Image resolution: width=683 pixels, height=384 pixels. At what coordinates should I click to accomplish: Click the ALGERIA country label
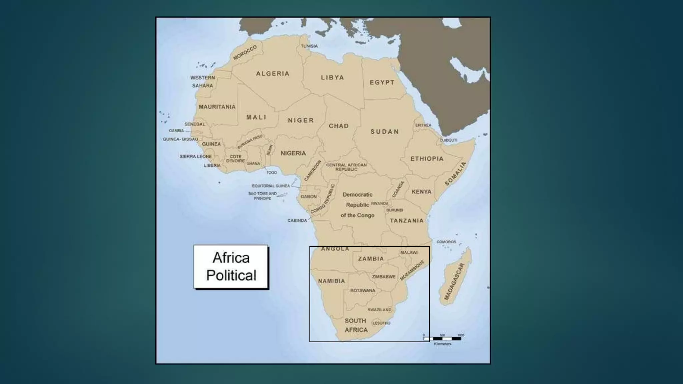pyautogui.click(x=272, y=74)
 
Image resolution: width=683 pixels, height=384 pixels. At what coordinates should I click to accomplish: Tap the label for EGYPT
pyautogui.click(x=382, y=82)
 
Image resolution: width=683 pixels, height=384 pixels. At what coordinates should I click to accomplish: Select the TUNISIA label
pyautogui.click(x=309, y=46)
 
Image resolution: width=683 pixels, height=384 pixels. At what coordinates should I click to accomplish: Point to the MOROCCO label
pyautogui.click(x=245, y=52)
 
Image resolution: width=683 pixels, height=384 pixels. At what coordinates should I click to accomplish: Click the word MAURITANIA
pyautogui.click(x=217, y=107)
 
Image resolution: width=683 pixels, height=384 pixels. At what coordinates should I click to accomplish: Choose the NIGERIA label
pyautogui.click(x=293, y=153)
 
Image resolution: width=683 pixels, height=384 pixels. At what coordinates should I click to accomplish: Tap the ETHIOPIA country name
pyautogui.click(x=427, y=159)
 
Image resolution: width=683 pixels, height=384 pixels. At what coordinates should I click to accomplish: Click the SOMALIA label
pyautogui.click(x=456, y=174)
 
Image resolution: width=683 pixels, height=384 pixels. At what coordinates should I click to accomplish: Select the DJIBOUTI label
pyautogui.click(x=449, y=140)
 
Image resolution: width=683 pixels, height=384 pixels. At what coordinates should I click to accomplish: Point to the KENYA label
pyautogui.click(x=421, y=192)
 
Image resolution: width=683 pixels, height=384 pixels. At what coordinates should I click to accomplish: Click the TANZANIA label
pyautogui.click(x=407, y=221)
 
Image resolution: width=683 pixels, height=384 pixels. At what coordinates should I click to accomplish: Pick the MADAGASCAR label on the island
pyautogui.click(x=454, y=282)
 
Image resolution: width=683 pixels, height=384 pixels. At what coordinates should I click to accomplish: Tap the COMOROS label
pyautogui.click(x=446, y=242)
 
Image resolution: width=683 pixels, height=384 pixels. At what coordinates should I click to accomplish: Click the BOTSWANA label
pyautogui.click(x=363, y=291)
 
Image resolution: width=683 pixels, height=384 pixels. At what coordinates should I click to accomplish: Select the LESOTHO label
pyautogui.click(x=381, y=323)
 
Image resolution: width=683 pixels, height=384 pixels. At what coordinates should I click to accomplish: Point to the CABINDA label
pyautogui.click(x=297, y=221)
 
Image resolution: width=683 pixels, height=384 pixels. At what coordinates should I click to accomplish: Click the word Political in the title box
pyautogui.click(x=231, y=275)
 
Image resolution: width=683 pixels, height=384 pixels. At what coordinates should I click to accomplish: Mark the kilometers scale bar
pyautogui.click(x=442, y=339)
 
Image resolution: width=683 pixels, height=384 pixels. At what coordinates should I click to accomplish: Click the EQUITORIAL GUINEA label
pyautogui.click(x=271, y=186)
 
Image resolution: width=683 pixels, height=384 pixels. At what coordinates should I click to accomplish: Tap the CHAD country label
pyautogui.click(x=338, y=126)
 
